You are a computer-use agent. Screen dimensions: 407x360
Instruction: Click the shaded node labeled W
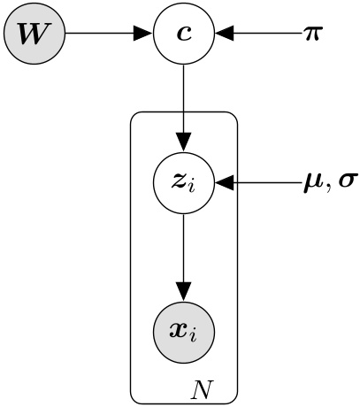pos(34,35)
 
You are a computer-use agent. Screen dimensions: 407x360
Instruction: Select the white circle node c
pos(184,35)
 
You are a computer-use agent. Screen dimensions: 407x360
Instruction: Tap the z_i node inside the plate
pos(184,184)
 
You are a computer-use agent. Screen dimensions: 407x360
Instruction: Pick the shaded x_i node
pos(184,333)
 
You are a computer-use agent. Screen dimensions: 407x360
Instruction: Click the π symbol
pos(312,35)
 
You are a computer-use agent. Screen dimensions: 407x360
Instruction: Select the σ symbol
pos(346,185)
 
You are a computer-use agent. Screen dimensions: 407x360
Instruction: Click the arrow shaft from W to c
pos(97,35)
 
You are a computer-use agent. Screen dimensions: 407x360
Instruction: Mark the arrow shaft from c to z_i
pos(184,97)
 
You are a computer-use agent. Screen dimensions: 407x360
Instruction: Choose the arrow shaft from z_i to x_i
pos(184,248)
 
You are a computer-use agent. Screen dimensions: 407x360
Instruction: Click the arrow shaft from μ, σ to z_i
pos(265,184)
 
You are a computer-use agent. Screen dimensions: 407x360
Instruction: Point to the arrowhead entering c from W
pos(142,35)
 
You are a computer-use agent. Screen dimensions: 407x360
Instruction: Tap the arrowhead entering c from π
pos(226,35)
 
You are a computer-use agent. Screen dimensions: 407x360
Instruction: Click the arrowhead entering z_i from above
pos(184,142)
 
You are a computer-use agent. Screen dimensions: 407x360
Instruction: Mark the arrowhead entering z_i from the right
pos(226,184)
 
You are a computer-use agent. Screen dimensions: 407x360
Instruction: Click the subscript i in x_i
pos(195,338)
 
